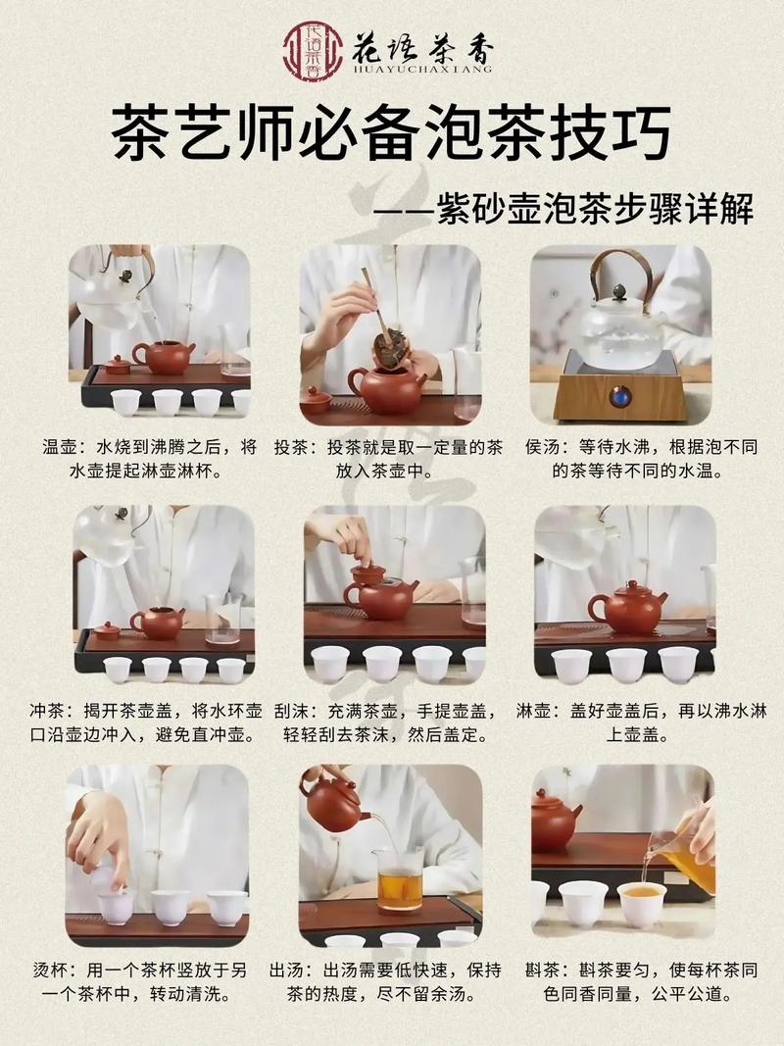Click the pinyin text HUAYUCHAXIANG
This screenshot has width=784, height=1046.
click(422, 69)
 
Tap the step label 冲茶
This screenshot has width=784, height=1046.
click(63, 709)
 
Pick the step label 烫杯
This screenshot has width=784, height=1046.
click(63, 970)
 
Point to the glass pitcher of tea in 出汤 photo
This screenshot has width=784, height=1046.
click(400, 876)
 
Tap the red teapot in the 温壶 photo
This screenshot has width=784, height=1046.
click(164, 356)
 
